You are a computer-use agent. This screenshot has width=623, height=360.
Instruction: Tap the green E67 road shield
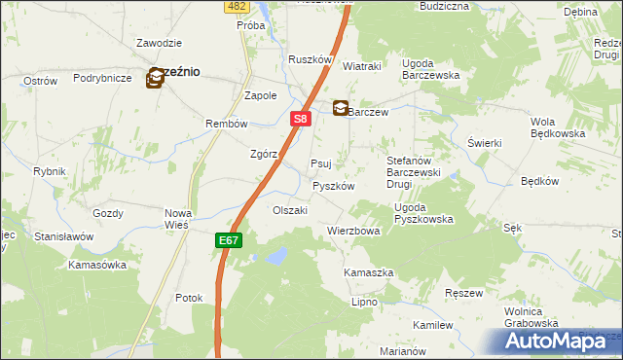(227, 239)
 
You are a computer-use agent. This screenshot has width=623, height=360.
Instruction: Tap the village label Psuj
(321, 163)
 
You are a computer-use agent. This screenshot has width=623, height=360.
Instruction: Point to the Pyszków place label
(332, 185)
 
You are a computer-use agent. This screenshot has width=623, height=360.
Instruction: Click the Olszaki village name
(290, 210)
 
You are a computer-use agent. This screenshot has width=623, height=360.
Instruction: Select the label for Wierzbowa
(352, 232)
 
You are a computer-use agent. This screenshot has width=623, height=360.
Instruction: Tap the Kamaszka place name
(368, 273)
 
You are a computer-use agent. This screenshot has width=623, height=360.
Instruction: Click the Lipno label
(364, 303)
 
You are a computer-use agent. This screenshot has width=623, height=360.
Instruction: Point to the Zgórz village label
(264, 154)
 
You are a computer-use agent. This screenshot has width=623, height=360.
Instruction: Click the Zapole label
(260, 96)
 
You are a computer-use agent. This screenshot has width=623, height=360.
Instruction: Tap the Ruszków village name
(311, 59)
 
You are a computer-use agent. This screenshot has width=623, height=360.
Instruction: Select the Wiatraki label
(361, 66)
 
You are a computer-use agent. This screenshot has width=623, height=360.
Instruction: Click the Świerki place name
(484, 143)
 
